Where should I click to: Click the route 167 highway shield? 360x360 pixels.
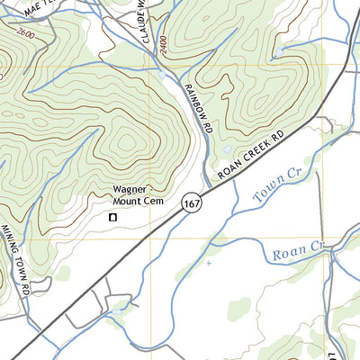click(192, 203)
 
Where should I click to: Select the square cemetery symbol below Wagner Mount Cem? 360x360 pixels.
click(113, 217)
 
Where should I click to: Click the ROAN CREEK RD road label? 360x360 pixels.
click(251, 154)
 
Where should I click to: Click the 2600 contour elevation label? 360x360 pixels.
click(27, 32)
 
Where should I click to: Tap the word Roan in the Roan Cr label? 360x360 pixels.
click(284, 252)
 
